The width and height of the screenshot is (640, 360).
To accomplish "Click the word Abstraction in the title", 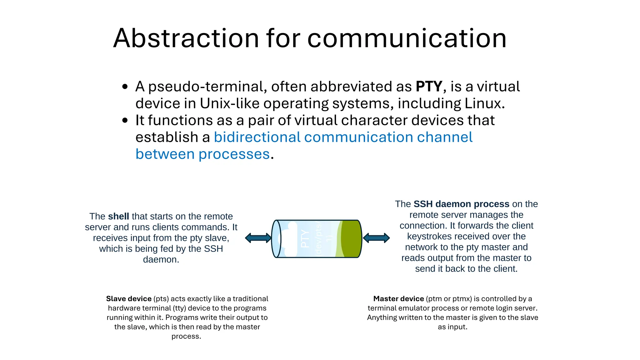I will point(186,38).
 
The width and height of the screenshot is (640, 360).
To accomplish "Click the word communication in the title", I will point(407,39).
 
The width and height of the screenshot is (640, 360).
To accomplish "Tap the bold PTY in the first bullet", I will point(429,87).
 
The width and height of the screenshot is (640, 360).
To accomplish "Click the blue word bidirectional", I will point(257,137).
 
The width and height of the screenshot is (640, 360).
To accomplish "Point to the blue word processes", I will point(234,154).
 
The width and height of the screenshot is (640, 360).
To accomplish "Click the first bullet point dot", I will point(125,87).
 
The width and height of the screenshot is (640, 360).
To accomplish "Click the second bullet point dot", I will point(125,121).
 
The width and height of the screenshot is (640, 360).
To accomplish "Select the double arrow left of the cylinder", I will point(258,238).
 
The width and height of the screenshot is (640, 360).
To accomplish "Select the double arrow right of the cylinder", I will point(376,238).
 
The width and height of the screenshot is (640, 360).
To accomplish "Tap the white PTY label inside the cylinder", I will point(305,239).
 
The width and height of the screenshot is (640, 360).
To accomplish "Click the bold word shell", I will point(118,216).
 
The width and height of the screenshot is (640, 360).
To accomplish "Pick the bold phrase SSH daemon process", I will point(461,204).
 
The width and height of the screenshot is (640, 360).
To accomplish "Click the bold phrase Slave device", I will point(129,299).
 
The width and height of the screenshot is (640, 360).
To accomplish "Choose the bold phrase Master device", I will point(398,299).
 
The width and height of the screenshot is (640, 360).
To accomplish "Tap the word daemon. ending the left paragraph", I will point(161,260).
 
